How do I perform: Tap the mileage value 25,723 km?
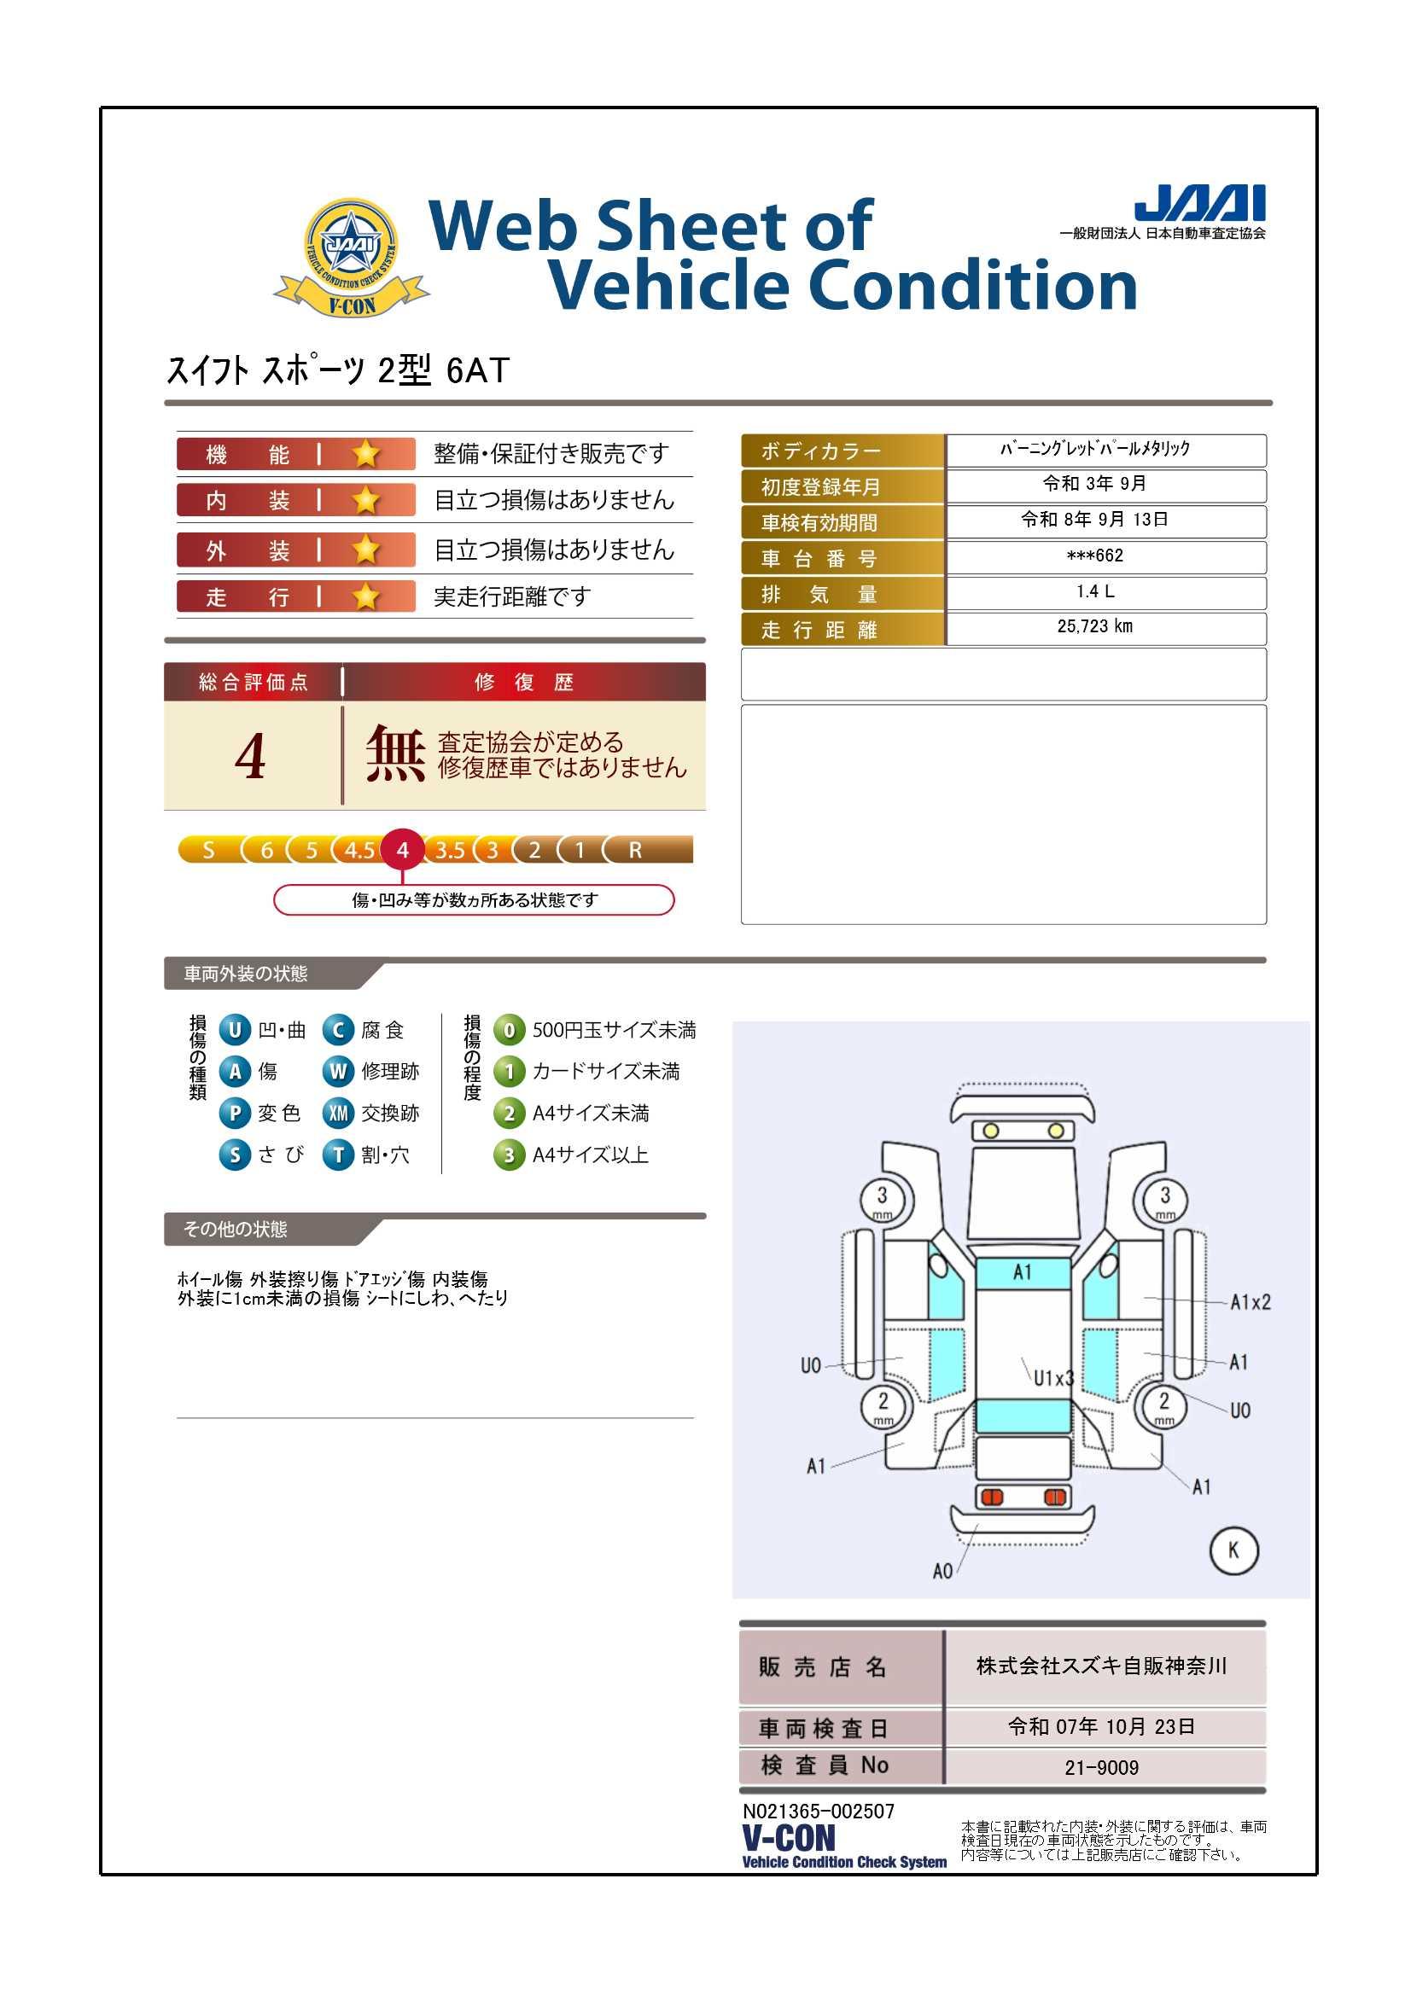[x=1094, y=626]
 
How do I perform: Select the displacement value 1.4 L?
[x=1094, y=590]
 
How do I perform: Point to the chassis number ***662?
[x=1094, y=555]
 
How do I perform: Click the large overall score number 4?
[x=250, y=756]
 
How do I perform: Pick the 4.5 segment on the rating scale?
[x=359, y=850]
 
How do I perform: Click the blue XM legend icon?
[x=338, y=1113]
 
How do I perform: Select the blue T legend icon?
[x=338, y=1155]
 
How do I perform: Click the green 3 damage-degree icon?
[x=509, y=1155]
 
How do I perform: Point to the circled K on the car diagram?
[x=1233, y=1550]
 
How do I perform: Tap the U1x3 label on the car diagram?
[x=1053, y=1377]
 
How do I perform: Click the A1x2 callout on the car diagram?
[x=1251, y=1301]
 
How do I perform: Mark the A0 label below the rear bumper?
[x=942, y=1571]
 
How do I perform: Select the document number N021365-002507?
[x=818, y=1811]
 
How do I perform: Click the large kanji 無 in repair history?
[x=394, y=753]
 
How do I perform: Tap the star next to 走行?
[x=367, y=596]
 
